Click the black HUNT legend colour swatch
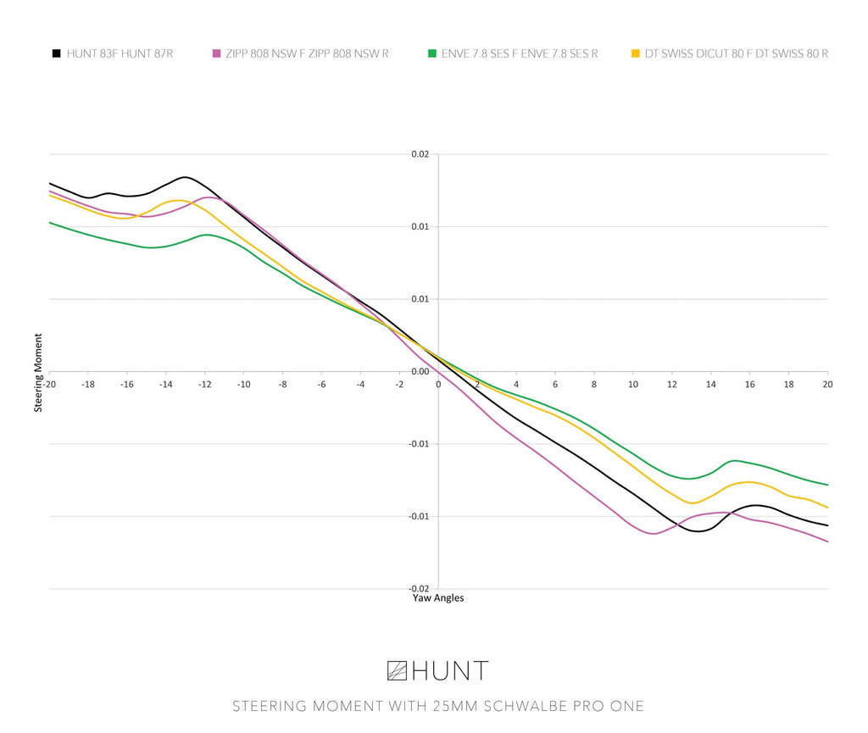(56, 53)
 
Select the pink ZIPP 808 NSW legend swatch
(216, 53)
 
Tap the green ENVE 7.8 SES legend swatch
(431, 53)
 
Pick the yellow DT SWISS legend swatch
(636, 53)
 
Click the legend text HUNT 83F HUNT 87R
(120, 53)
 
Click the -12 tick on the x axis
(205, 385)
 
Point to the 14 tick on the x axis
(711, 385)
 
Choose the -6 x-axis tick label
(322, 385)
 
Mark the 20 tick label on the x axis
(827, 385)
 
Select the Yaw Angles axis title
(438, 598)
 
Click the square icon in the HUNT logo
(397, 671)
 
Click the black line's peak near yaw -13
(185, 177)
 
